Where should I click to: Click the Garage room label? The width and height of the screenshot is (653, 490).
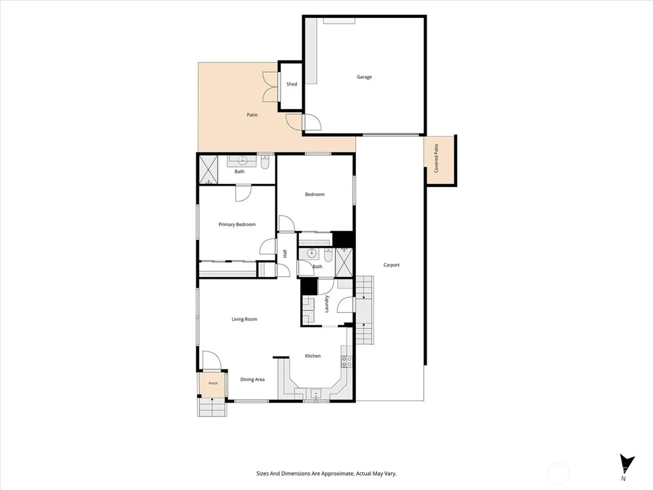point(364,77)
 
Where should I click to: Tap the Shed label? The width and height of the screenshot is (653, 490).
point(291,84)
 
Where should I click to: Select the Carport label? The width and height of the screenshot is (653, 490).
point(392,265)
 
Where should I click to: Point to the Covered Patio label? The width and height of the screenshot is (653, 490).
point(436,158)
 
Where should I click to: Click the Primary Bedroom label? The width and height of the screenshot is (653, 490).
point(237,225)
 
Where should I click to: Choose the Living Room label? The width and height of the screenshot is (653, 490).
point(244,319)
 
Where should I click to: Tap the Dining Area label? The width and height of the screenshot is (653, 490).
point(253,380)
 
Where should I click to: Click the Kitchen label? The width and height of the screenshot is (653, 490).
point(312,356)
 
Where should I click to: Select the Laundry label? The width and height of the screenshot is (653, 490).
point(326,304)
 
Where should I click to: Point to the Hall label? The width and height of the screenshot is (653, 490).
point(285,253)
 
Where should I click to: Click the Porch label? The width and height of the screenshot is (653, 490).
point(213,383)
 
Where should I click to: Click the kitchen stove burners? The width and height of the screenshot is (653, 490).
point(347,362)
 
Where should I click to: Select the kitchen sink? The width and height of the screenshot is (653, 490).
point(316,393)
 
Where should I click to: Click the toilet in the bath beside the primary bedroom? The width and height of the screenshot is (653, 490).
point(265,162)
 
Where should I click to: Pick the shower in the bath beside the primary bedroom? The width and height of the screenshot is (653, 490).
point(209,170)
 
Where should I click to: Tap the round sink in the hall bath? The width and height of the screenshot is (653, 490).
point(311,253)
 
